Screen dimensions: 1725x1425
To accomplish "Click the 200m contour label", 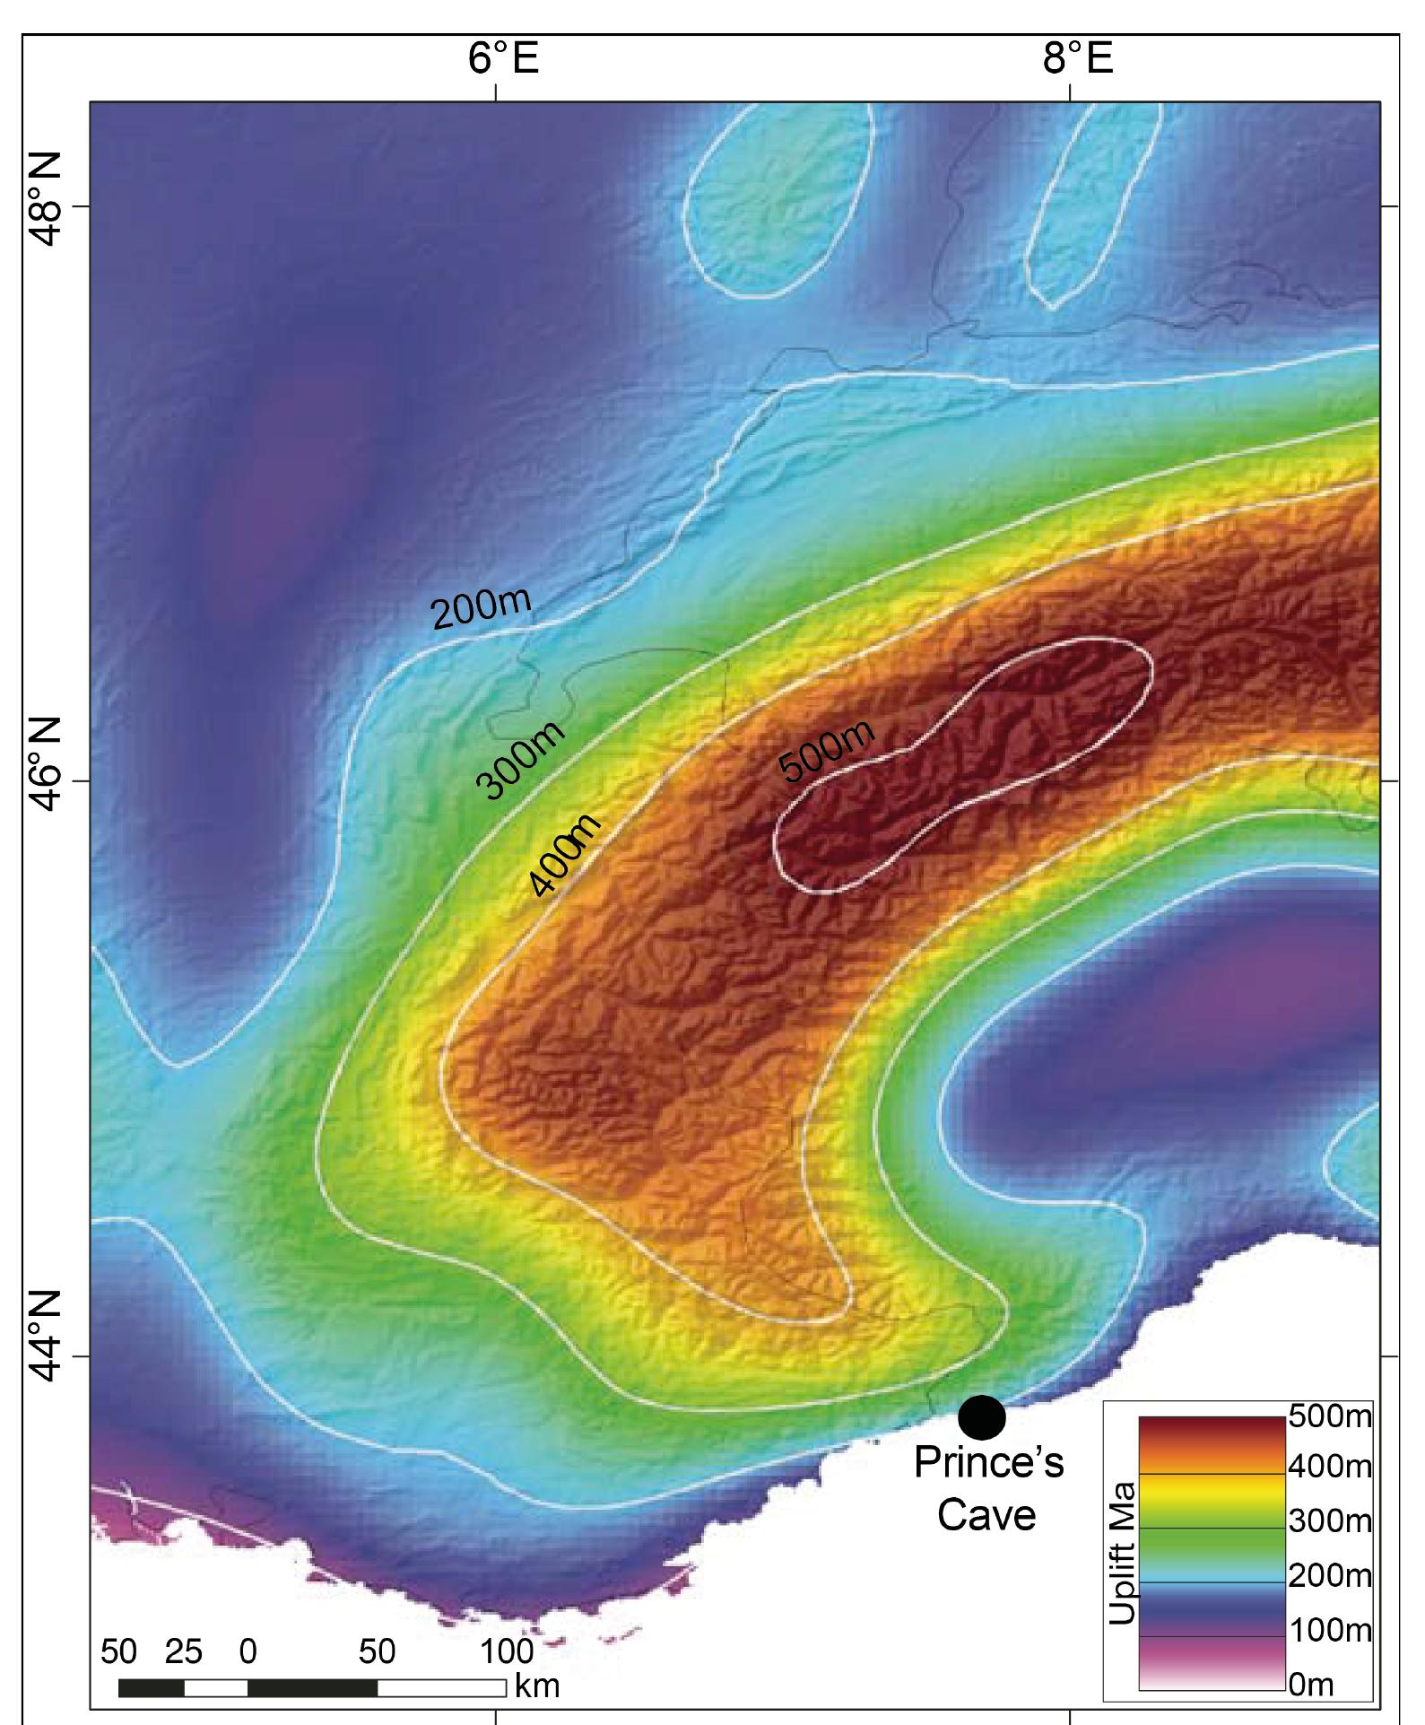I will (482, 608).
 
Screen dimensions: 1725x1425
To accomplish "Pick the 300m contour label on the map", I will (521, 759).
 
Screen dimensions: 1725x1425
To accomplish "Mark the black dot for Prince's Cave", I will (981, 1417).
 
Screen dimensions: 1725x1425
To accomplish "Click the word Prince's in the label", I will (988, 1463).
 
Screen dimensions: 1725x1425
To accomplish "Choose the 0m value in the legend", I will (1311, 1686).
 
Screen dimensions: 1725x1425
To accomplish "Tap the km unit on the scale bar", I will (536, 1686).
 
